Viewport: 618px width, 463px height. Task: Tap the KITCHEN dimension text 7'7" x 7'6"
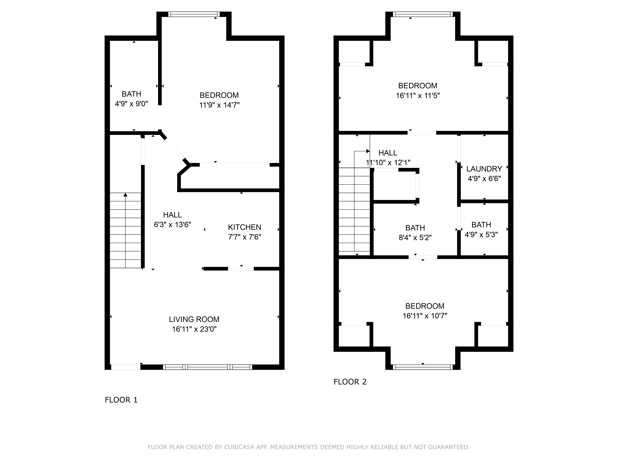[x=244, y=237]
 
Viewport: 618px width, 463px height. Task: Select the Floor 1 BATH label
[x=131, y=94]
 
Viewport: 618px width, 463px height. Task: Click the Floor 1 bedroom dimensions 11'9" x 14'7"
[x=219, y=105]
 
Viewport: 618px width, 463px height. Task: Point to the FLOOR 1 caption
[x=121, y=400]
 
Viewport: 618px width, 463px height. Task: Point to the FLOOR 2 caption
[x=350, y=382]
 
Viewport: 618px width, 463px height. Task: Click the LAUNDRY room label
[x=484, y=169]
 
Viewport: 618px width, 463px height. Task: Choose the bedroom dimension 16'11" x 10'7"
[x=425, y=316]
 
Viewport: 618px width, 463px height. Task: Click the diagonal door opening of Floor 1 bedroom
[x=175, y=148]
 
